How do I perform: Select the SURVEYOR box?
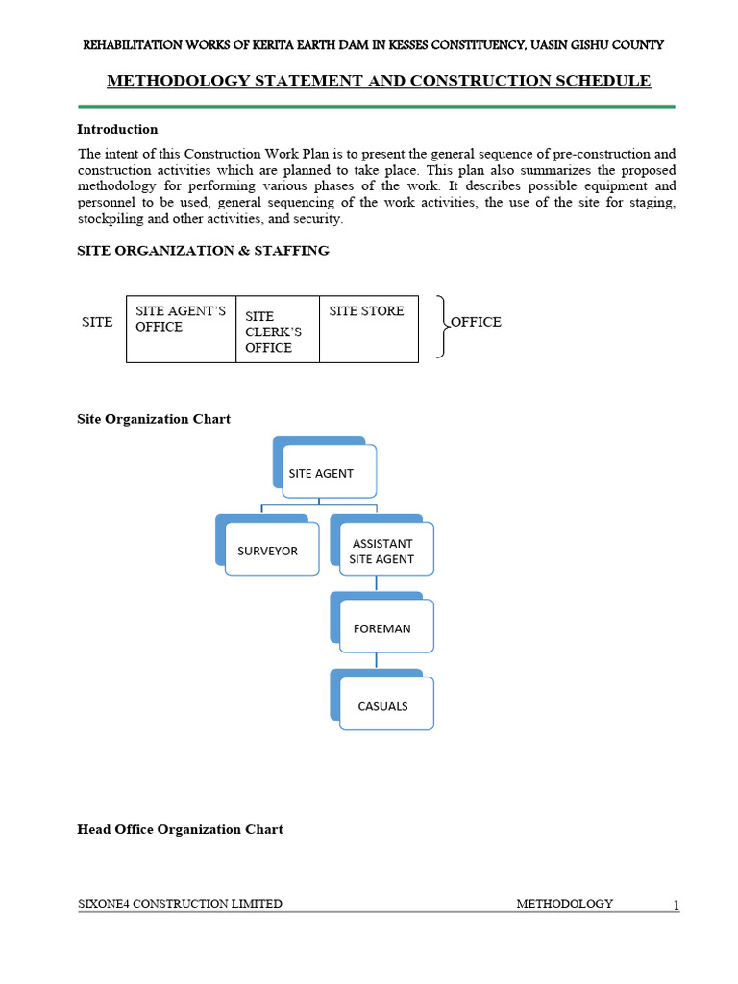pos(271,550)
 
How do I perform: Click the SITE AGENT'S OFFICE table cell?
pos(181,328)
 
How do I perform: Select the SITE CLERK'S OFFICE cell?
pos(277,331)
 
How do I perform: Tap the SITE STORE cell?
pos(368,328)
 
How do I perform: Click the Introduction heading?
pos(117,129)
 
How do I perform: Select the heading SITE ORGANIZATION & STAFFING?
pos(203,251)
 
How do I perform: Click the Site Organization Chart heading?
pos(154,419)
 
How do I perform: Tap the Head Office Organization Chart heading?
pos(180,829)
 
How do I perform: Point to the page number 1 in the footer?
pos(676,905)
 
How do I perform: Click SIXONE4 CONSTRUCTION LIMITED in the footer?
pos(180,904)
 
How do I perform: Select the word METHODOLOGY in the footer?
pos(564,904)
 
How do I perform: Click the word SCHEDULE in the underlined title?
pos(603,81)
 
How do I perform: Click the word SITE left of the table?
pos(97,322)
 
